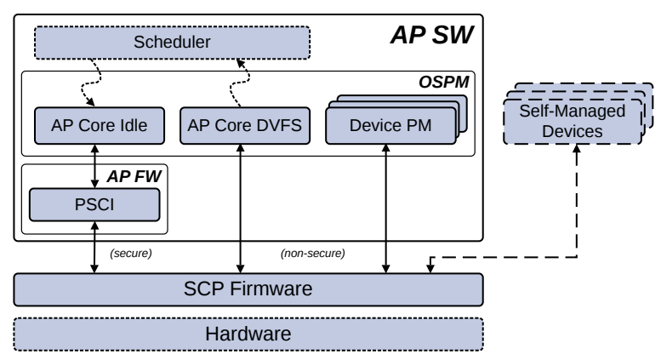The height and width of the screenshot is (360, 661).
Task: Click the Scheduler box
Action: pos(172,42)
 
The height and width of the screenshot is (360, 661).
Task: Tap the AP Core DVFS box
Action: pos(242,126)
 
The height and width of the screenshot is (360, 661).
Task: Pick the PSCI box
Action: pos(94,204)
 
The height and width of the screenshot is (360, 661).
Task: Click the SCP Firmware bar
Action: pos(248,289)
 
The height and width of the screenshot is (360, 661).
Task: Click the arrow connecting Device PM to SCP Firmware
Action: pos(387,209)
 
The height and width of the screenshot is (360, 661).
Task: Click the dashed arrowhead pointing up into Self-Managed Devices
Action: pos(578,149)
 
